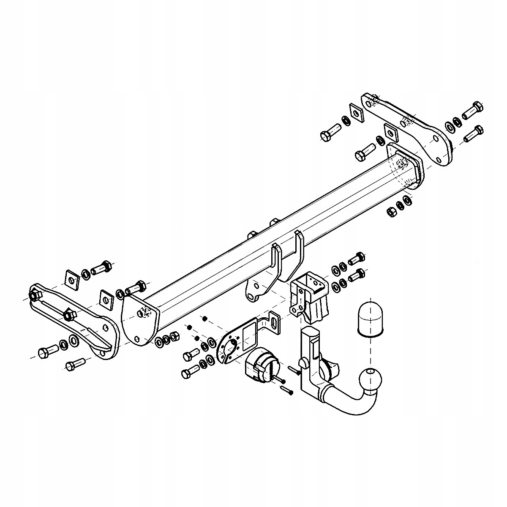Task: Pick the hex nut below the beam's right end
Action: tap(392, 211)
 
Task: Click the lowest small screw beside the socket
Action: tap(286, 391)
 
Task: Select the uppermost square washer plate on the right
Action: tap(356, 112)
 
